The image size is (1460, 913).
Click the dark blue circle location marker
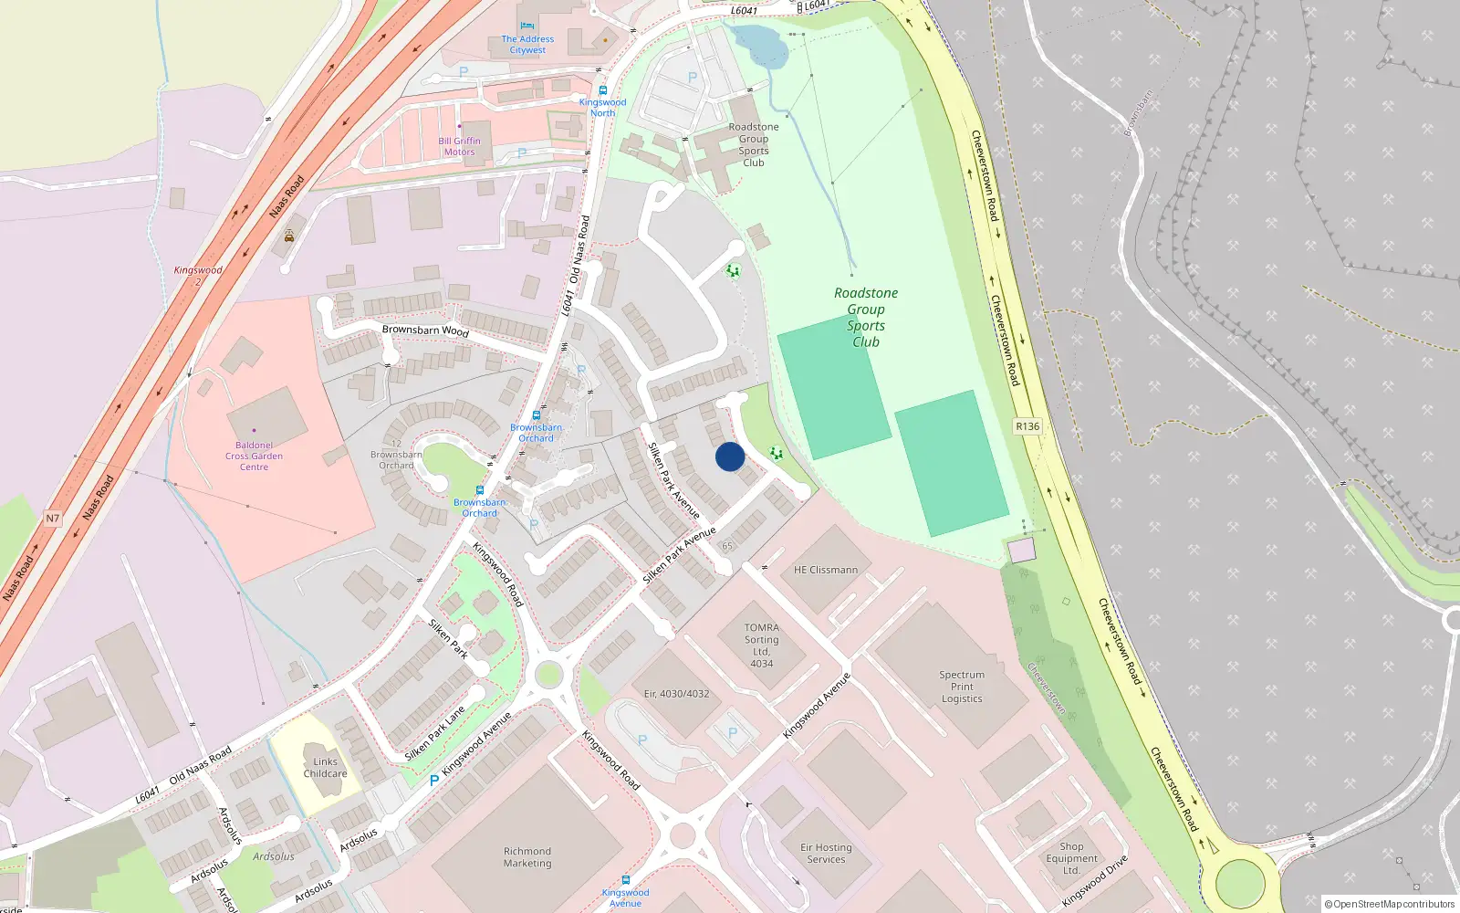pos(730,456)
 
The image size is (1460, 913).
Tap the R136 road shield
pos(1027,426)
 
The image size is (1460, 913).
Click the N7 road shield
pos(53,519)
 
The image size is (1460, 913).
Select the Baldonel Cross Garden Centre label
pos(254,456)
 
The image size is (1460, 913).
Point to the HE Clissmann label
pos(826,570)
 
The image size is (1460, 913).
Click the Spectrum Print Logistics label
pos(962,687)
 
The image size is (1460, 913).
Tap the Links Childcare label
pos(325,768)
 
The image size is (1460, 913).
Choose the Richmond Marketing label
pos(527,857)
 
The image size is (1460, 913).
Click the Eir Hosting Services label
pos(826,854)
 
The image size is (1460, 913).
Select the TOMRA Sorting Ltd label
pos(762,645)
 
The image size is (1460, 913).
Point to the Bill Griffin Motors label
pos(459,146)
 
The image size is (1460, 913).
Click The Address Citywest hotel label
pos(527,44)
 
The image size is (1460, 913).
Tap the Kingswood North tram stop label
pos(602,108)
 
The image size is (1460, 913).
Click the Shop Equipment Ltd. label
pos(1072,858)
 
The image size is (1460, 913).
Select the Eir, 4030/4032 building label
pos(676,694)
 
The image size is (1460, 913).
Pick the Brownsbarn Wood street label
pos(425,330)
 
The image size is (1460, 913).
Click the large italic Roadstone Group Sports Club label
pos(866,317)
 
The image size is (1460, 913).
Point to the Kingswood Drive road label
pos(1095,880)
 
